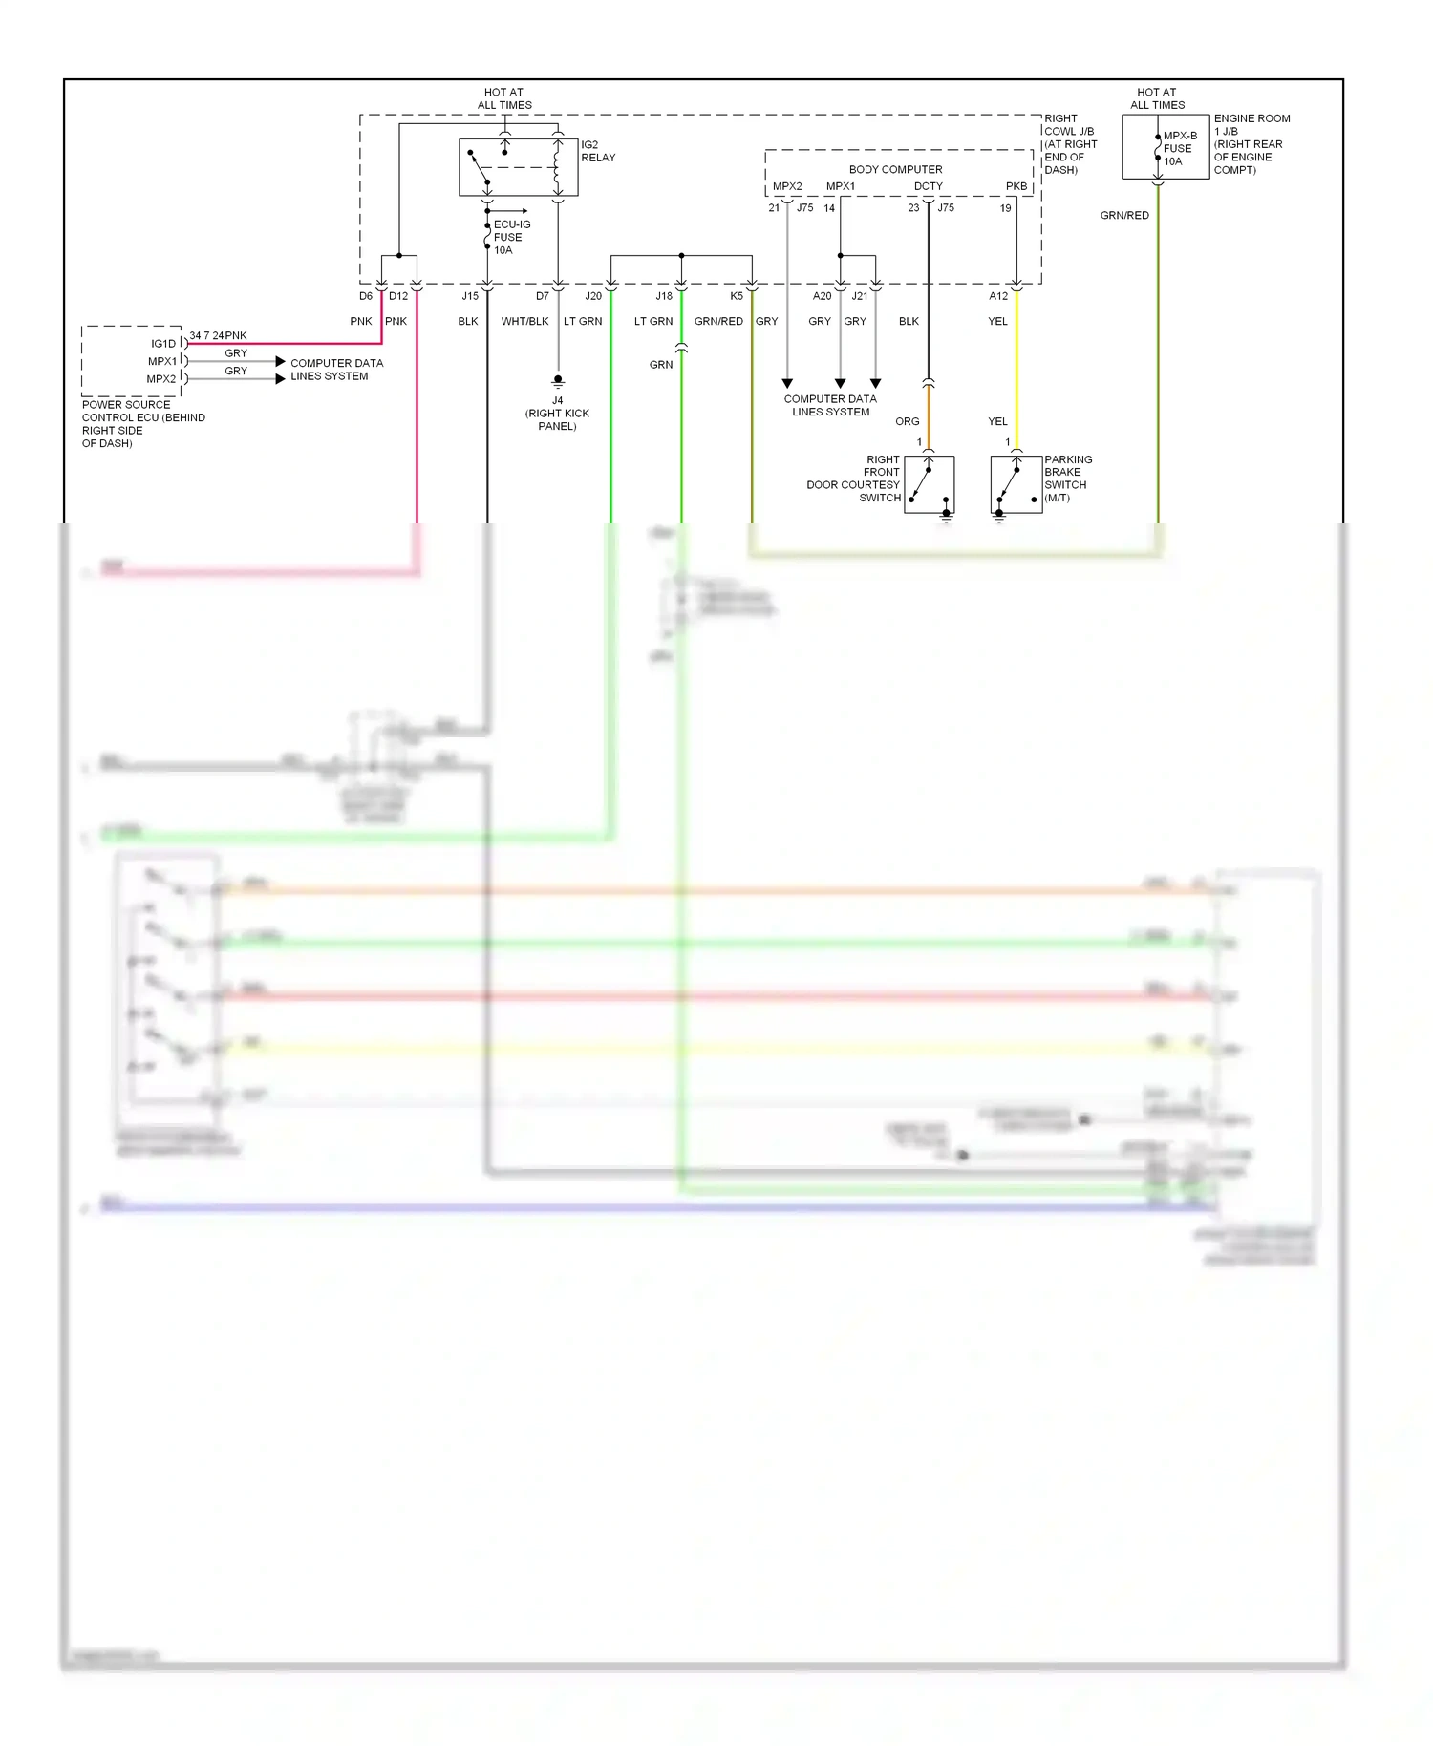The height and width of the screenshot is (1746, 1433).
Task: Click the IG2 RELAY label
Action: tap(598, 151)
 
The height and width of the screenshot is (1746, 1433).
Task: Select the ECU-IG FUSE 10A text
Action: tap(511, 237)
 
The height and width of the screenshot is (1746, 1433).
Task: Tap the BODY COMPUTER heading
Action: tap(895, 169)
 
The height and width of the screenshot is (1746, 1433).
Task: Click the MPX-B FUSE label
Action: tap(1179, 148)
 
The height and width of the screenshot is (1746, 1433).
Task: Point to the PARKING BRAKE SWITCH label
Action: tap(1067, 478)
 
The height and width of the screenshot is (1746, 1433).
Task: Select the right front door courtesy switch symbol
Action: tap(929, 484)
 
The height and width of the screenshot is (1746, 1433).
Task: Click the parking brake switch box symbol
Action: tap(1016, 484)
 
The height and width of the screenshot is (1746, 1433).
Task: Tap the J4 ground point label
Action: tap(557, 413)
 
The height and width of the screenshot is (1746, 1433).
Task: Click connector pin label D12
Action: tap(398, 296)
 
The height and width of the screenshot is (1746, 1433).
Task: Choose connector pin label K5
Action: tap(737, 296)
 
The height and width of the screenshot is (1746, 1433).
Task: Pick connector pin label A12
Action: tap(998, 296)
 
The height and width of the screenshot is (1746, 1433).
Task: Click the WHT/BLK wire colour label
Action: tap(524, 321)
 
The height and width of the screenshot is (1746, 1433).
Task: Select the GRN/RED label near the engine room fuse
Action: tap(1124, 215)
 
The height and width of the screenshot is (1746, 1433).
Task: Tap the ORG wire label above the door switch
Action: tap(907, 421)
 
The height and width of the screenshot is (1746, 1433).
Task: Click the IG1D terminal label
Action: tap(163, 343)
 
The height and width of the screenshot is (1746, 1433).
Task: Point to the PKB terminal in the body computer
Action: tap(1016, 186)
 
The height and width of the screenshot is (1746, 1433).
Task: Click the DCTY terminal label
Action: tap(928, 186)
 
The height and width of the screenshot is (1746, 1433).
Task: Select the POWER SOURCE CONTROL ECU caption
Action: tap(143, 423)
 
